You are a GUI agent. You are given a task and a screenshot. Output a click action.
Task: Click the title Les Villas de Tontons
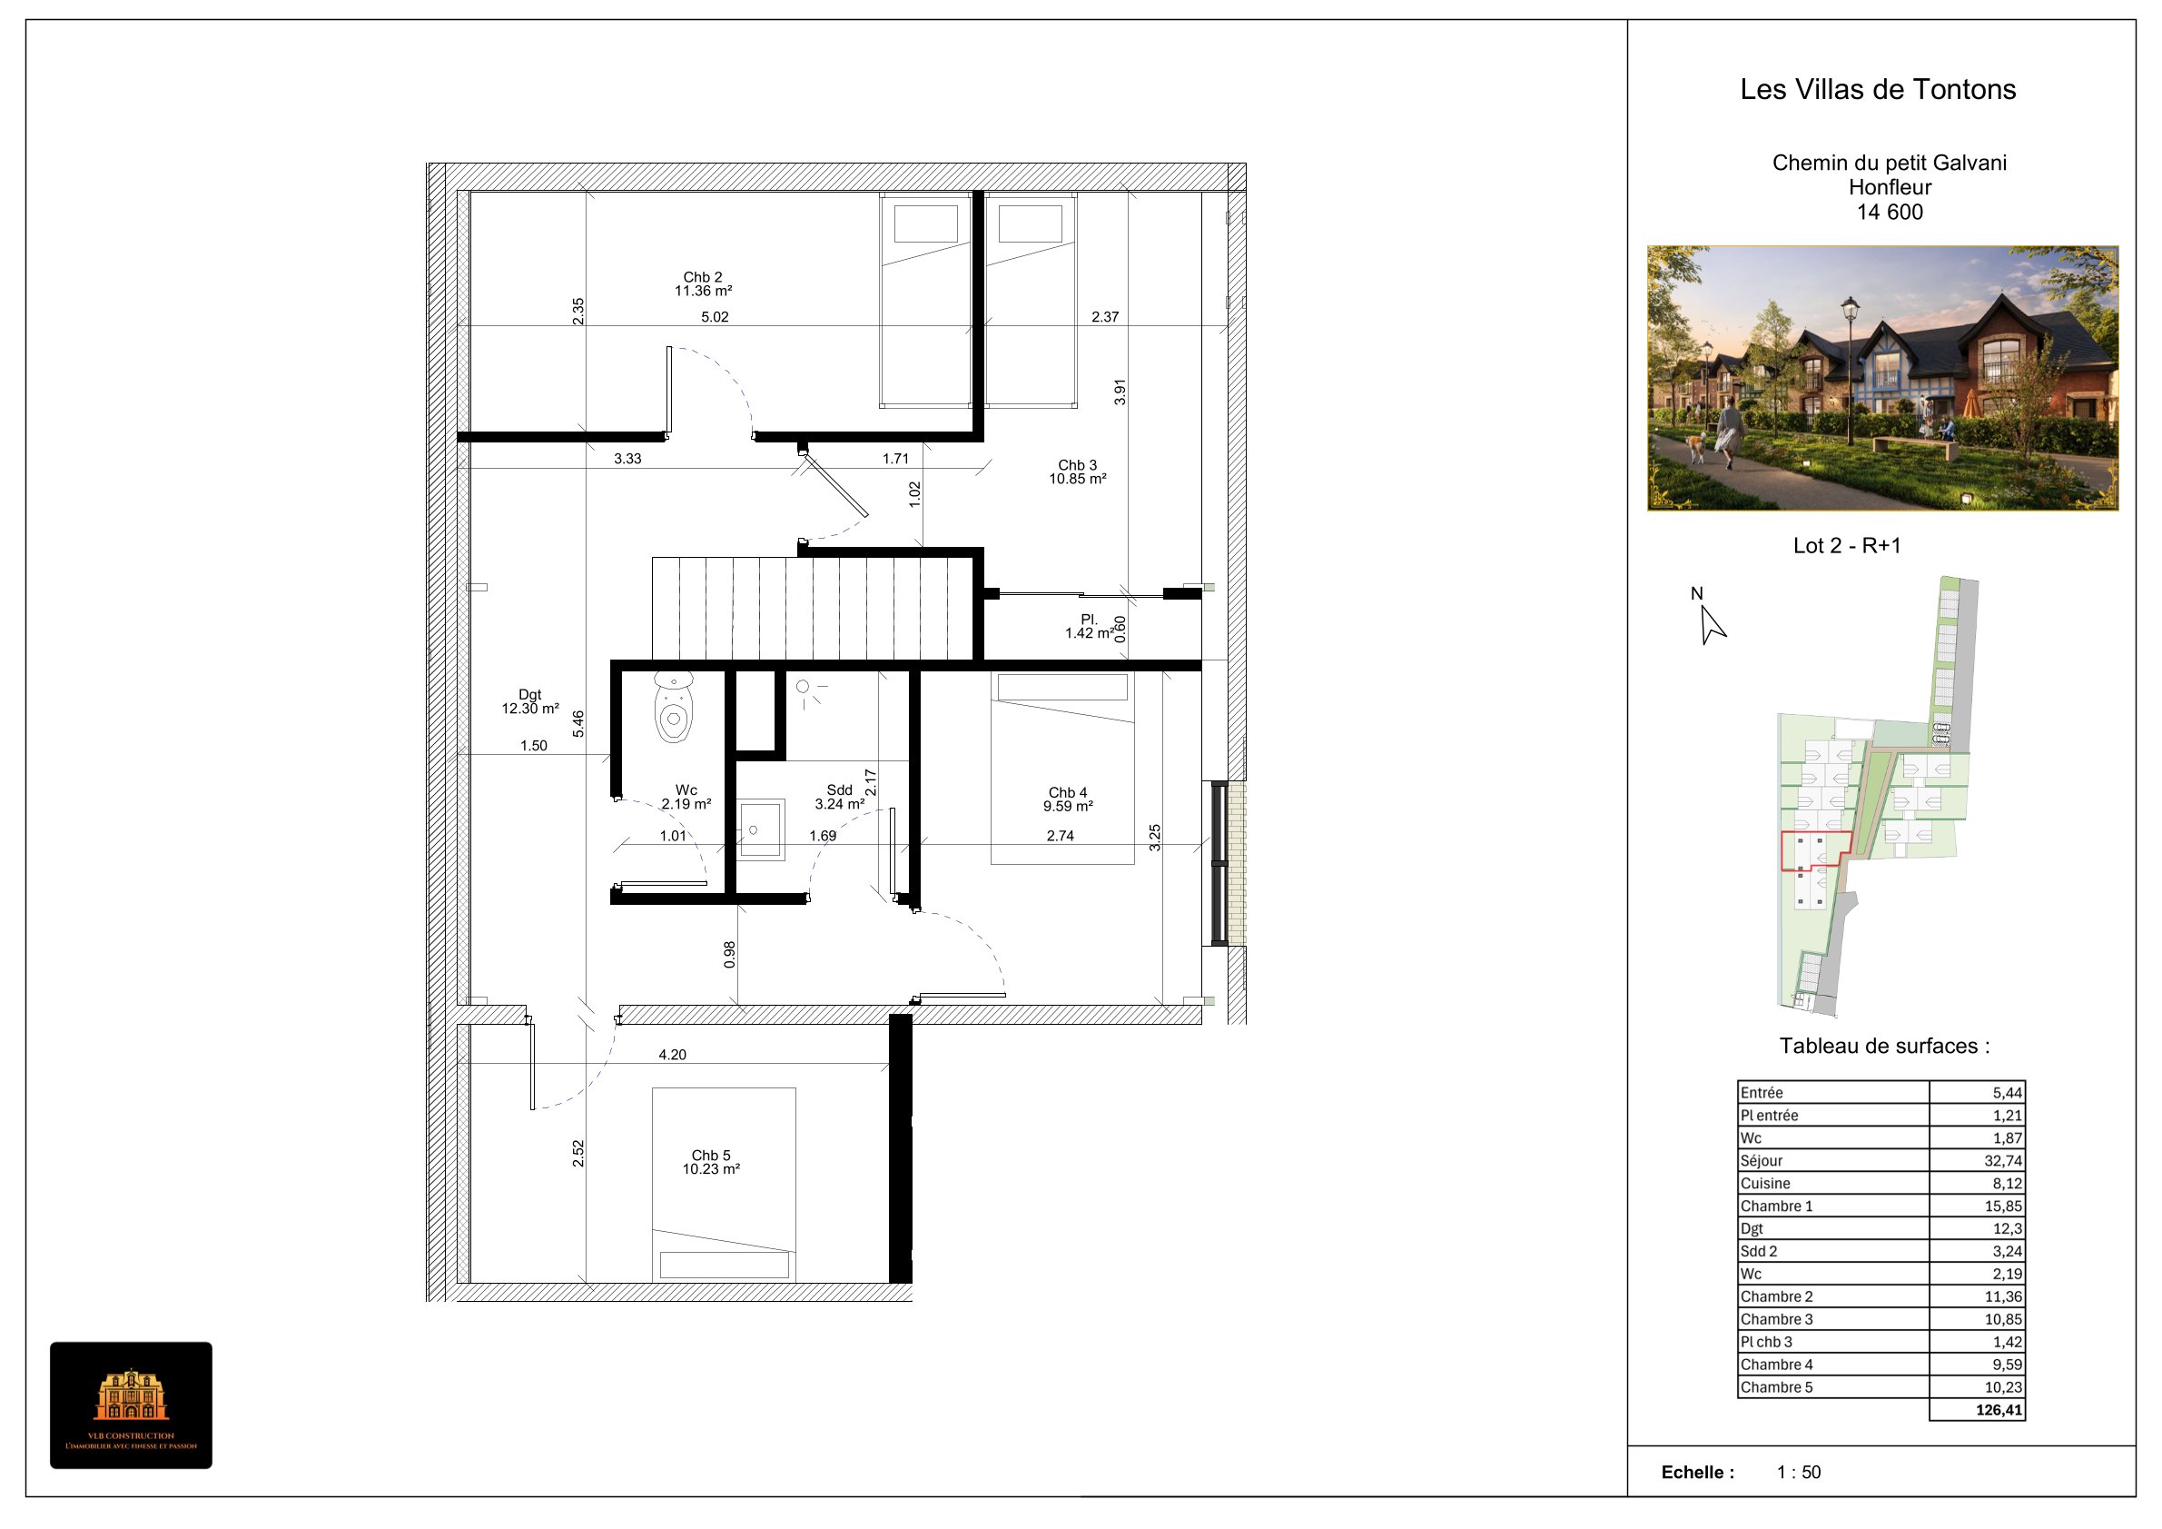click(1878, 90)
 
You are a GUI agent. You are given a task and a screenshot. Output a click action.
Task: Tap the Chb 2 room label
click(704, 283)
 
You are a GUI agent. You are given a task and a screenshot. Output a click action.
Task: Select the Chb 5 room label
click(711, 1162)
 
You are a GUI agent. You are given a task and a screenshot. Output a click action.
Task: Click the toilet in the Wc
click(673, 708)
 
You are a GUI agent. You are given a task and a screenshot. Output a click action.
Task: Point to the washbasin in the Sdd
click(759, 829)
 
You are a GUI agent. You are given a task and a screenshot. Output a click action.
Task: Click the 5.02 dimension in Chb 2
click(715, 316)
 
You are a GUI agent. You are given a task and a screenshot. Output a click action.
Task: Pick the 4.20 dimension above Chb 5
click(672, 1054)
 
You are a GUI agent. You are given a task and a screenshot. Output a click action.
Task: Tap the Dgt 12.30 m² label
click(530, 701)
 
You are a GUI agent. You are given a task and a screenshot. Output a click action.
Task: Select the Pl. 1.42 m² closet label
click(1089, 626)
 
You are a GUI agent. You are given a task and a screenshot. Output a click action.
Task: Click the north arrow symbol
click(1711, 625)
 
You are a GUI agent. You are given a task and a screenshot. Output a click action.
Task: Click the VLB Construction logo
click(131, 1405)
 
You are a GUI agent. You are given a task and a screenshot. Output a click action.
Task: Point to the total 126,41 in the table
click(1999, 1410)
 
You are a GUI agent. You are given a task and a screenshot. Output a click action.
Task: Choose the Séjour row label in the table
click(1761, 1161)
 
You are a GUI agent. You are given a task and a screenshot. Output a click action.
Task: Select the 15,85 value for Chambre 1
click(2003, 1206)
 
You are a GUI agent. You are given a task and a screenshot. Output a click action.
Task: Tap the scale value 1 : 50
click(1799, 1472)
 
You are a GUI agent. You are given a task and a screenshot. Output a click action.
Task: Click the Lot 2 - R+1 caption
click(1847, 545)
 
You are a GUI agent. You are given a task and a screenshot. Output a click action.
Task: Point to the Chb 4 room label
click(1068, 799)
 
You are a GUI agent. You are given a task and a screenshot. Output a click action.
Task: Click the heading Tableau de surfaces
click(1884, 1046)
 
